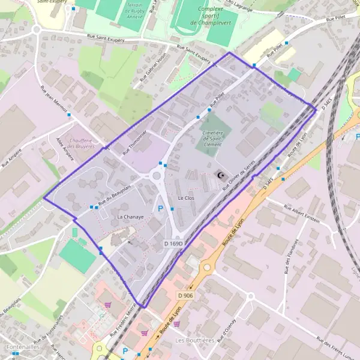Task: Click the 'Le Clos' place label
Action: click(186, 197)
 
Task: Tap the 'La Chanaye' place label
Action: click(130, 216)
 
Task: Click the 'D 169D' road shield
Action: click(173, 244)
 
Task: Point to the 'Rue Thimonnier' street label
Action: click(134, 143)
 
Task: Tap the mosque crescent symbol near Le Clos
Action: click(220, 175)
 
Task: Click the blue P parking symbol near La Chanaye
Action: click(160, 208)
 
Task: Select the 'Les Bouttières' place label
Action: click(194, 340)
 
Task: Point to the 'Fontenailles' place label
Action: click(23, 347)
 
